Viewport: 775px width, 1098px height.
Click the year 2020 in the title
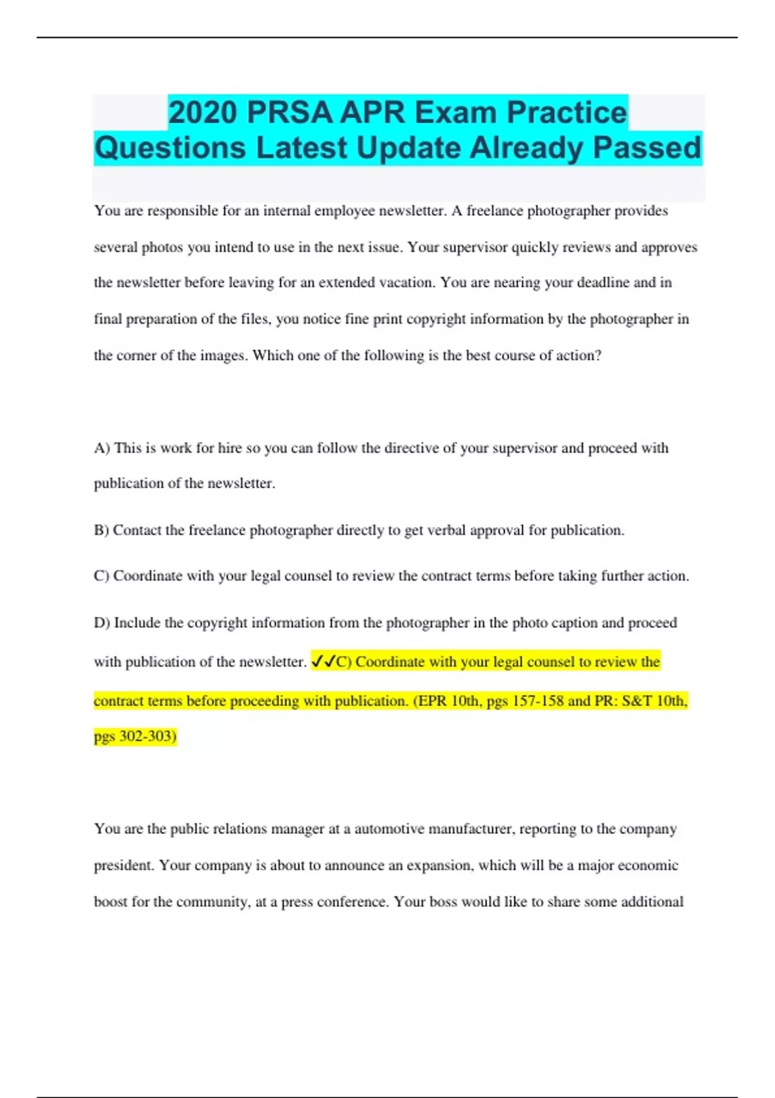click(x=203, y=112)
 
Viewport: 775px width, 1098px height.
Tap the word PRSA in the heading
click(x=289, y=112)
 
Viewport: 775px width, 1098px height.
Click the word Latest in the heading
click(x=302, y=147)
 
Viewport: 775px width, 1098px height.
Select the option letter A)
click(x=102, y=448)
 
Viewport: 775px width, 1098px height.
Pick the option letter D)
click(x=102, y=623)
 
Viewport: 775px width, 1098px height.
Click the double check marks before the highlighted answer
click(x=323, y=661)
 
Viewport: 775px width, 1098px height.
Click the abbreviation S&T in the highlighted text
click(x=637, y=701)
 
